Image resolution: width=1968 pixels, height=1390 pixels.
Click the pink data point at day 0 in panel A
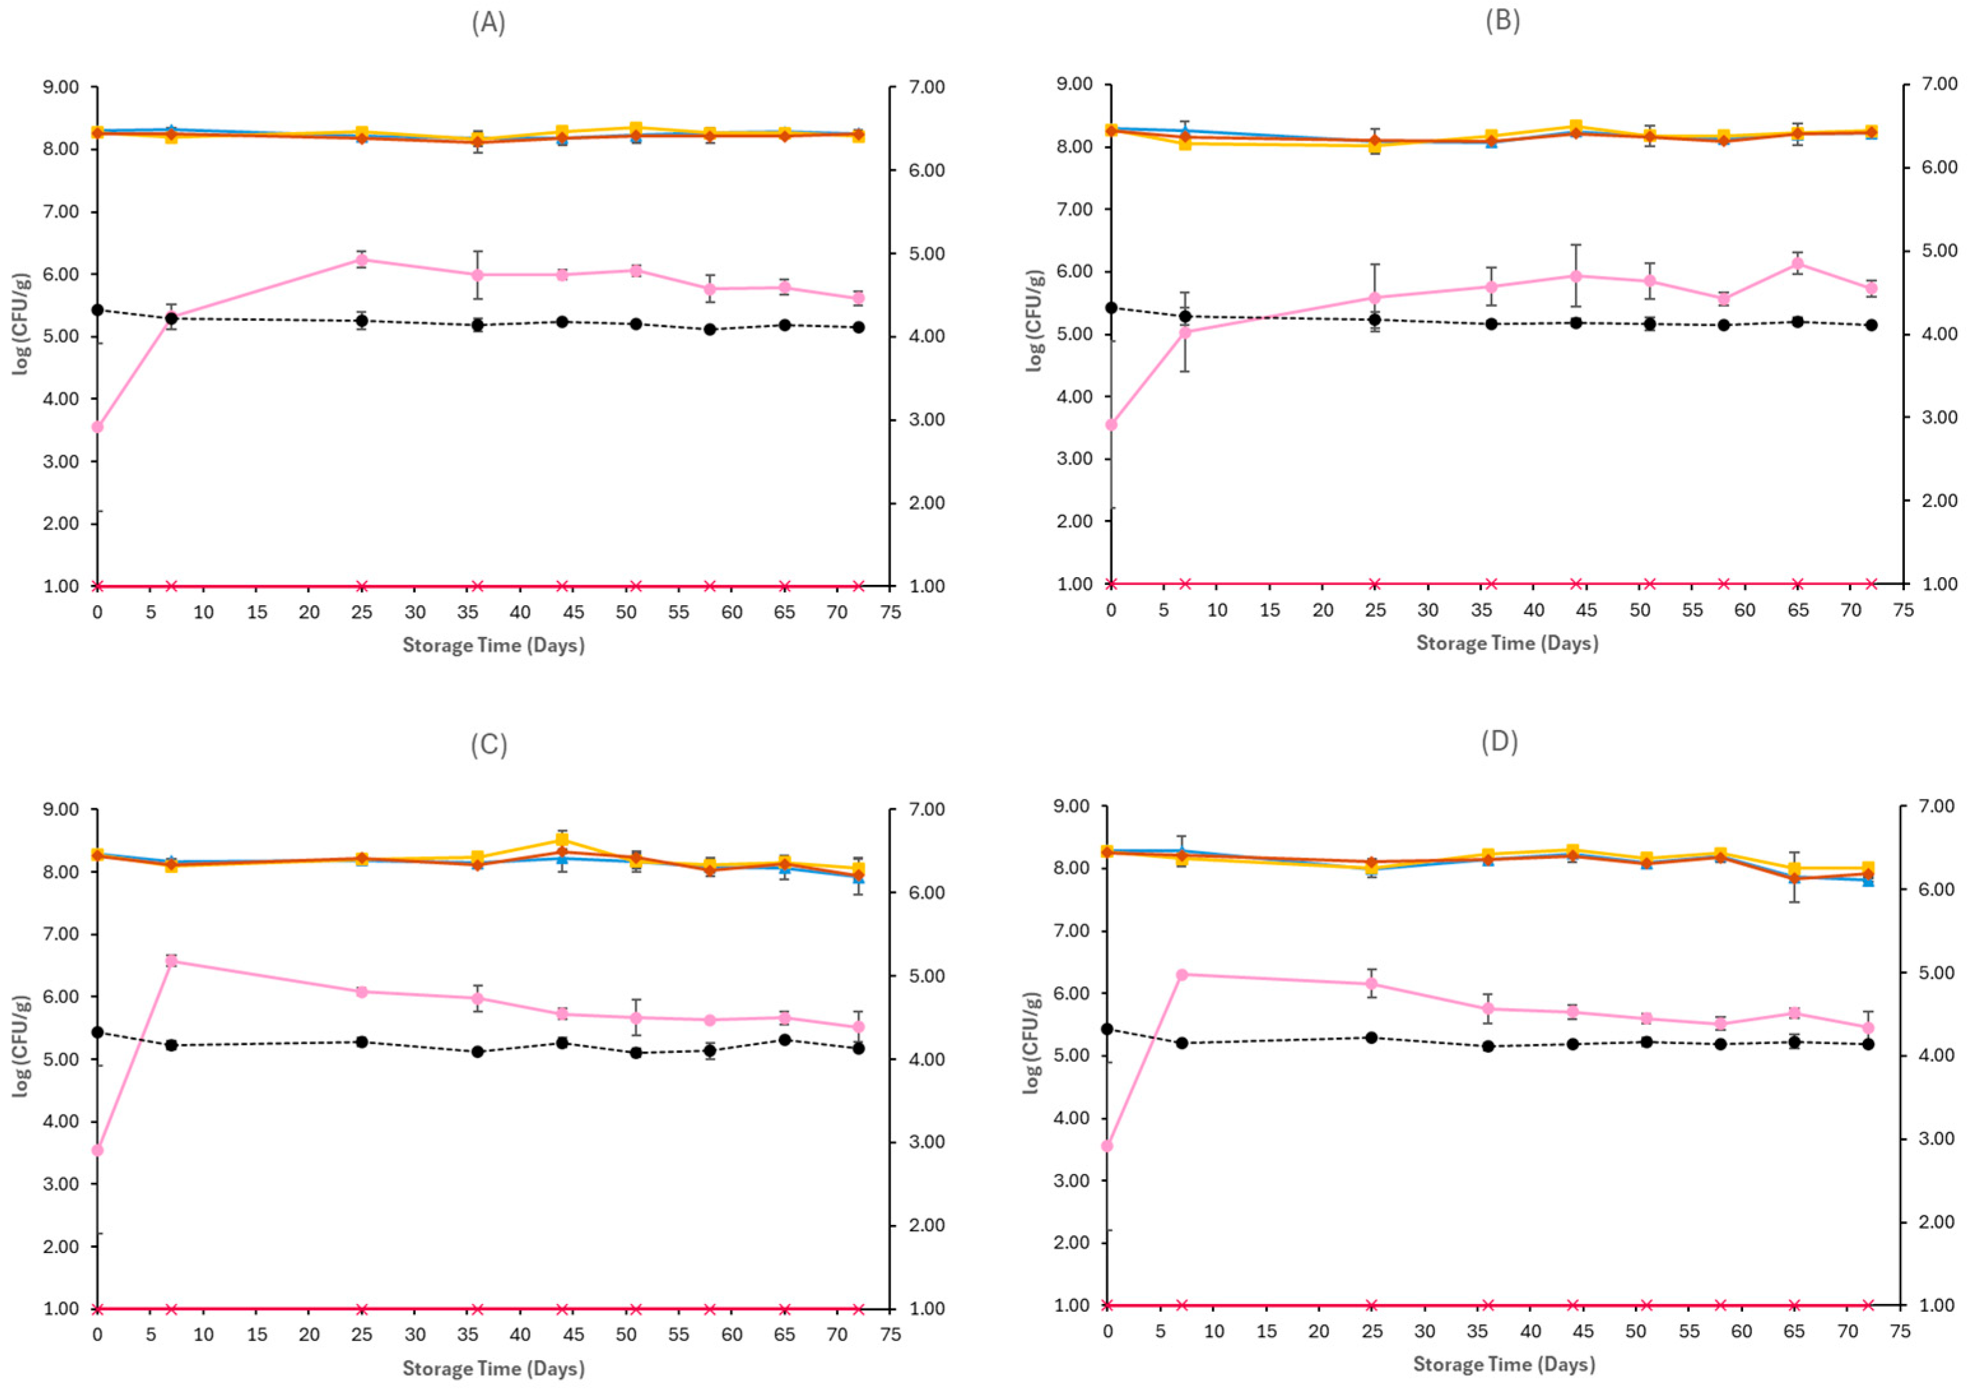[97, 427]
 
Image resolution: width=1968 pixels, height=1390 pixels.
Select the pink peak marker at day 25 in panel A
[362, 260]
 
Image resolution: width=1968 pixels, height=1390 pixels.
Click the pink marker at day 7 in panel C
[171, 961]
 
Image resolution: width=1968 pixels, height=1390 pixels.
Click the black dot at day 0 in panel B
[1112, 308]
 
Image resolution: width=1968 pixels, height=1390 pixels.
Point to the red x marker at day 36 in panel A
[478, 587]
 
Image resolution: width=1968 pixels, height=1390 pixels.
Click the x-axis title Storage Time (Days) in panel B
[1507, 643]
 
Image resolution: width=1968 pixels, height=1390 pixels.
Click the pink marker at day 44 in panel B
[1576, 276]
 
